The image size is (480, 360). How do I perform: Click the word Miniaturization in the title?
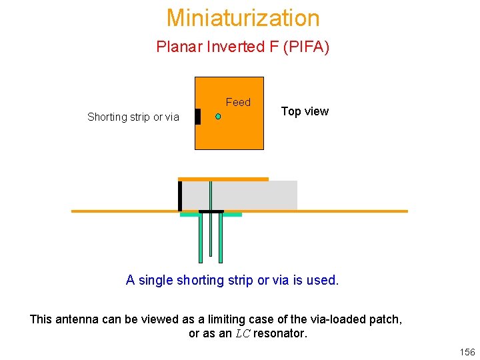(243, 17)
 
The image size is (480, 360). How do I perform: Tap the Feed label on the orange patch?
(238, 102)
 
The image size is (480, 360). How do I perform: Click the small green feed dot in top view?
(218, 116)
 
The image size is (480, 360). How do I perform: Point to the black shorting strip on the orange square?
(197, 116)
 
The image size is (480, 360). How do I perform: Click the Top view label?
(305, 111)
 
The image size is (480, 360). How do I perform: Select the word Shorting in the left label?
(107, 117)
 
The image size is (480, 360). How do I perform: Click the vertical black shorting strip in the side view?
(180, 195)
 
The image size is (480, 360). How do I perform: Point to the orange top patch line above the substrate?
(223, 179)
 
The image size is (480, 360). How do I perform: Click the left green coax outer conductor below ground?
(200, 238)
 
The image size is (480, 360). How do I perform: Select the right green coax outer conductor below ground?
(221, 238)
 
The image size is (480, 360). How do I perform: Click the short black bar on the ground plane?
(211, 212)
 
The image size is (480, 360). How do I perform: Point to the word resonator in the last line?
(280, 333)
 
